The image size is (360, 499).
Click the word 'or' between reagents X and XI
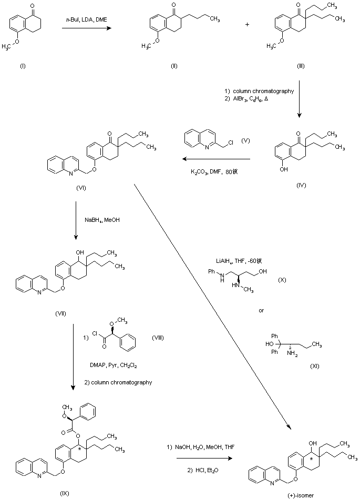pyautogui.click(x=261, y=310)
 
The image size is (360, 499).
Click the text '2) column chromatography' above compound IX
pyautogui.click(x=118, y=382)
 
